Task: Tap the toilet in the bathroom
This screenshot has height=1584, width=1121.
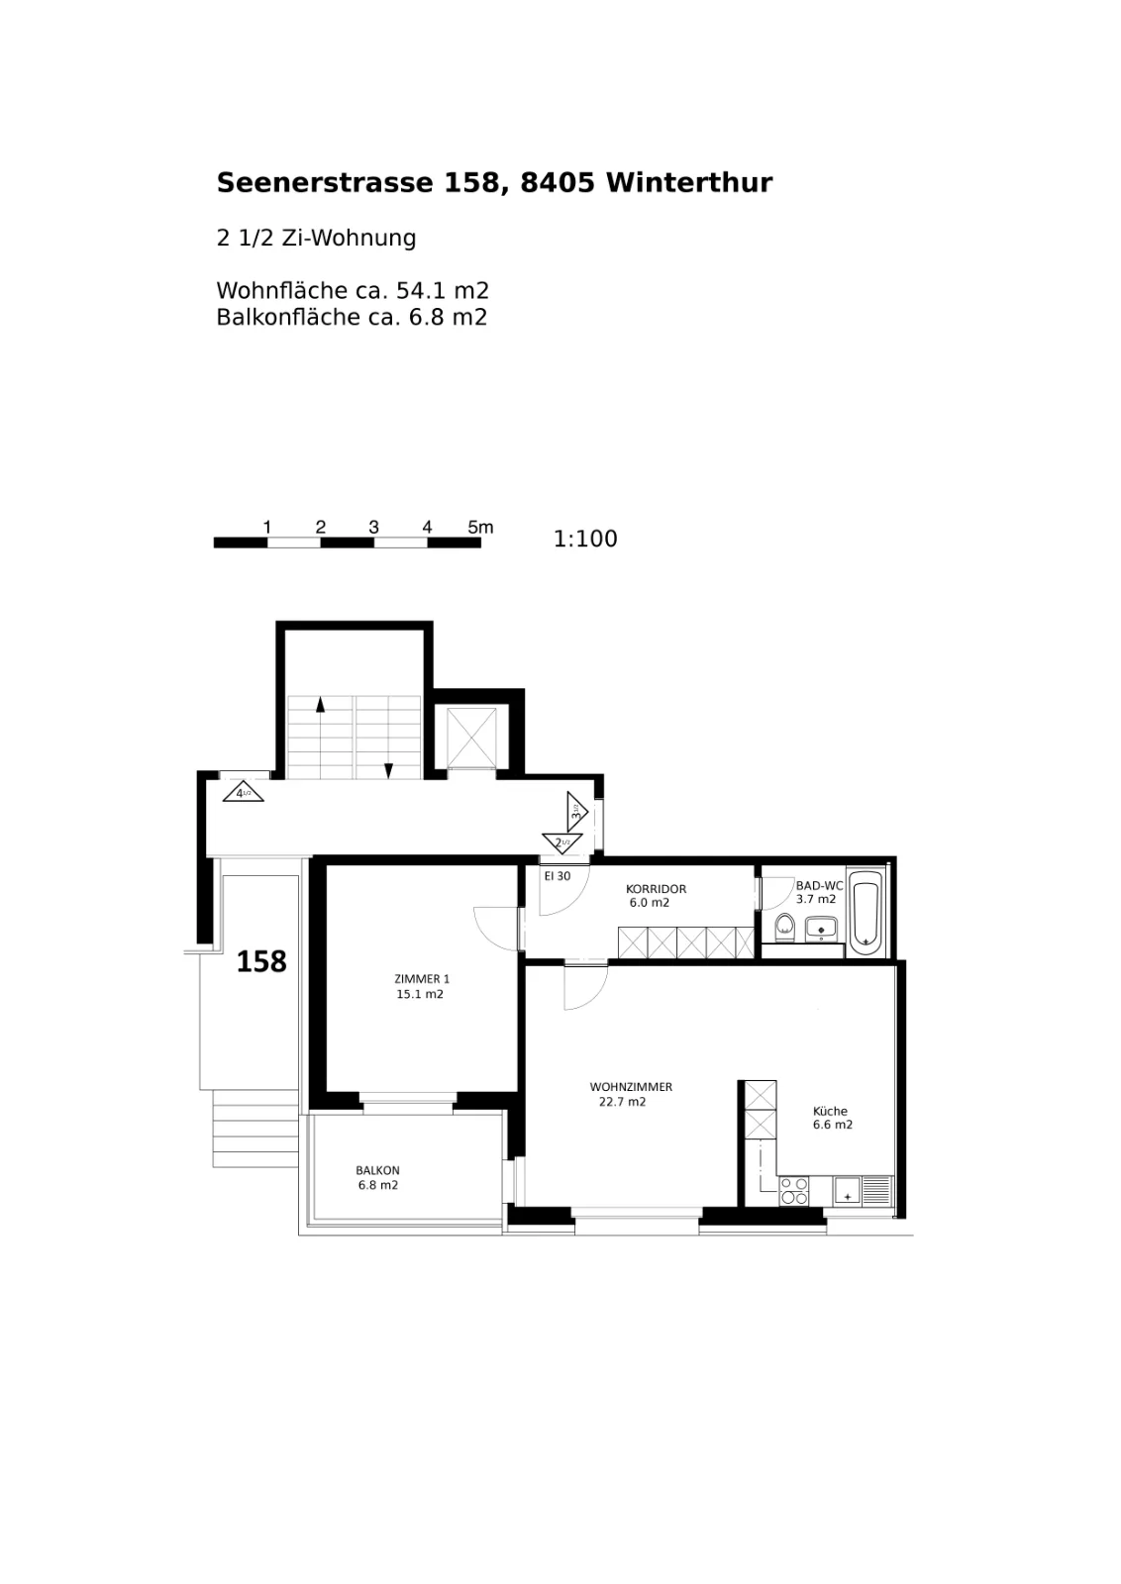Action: [784, 927]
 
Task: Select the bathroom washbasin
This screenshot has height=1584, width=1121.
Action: [820, 928]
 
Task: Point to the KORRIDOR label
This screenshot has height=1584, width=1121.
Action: [656, 889]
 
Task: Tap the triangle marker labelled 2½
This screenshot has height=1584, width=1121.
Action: [562, 842]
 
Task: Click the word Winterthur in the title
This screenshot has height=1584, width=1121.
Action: [689, 182]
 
